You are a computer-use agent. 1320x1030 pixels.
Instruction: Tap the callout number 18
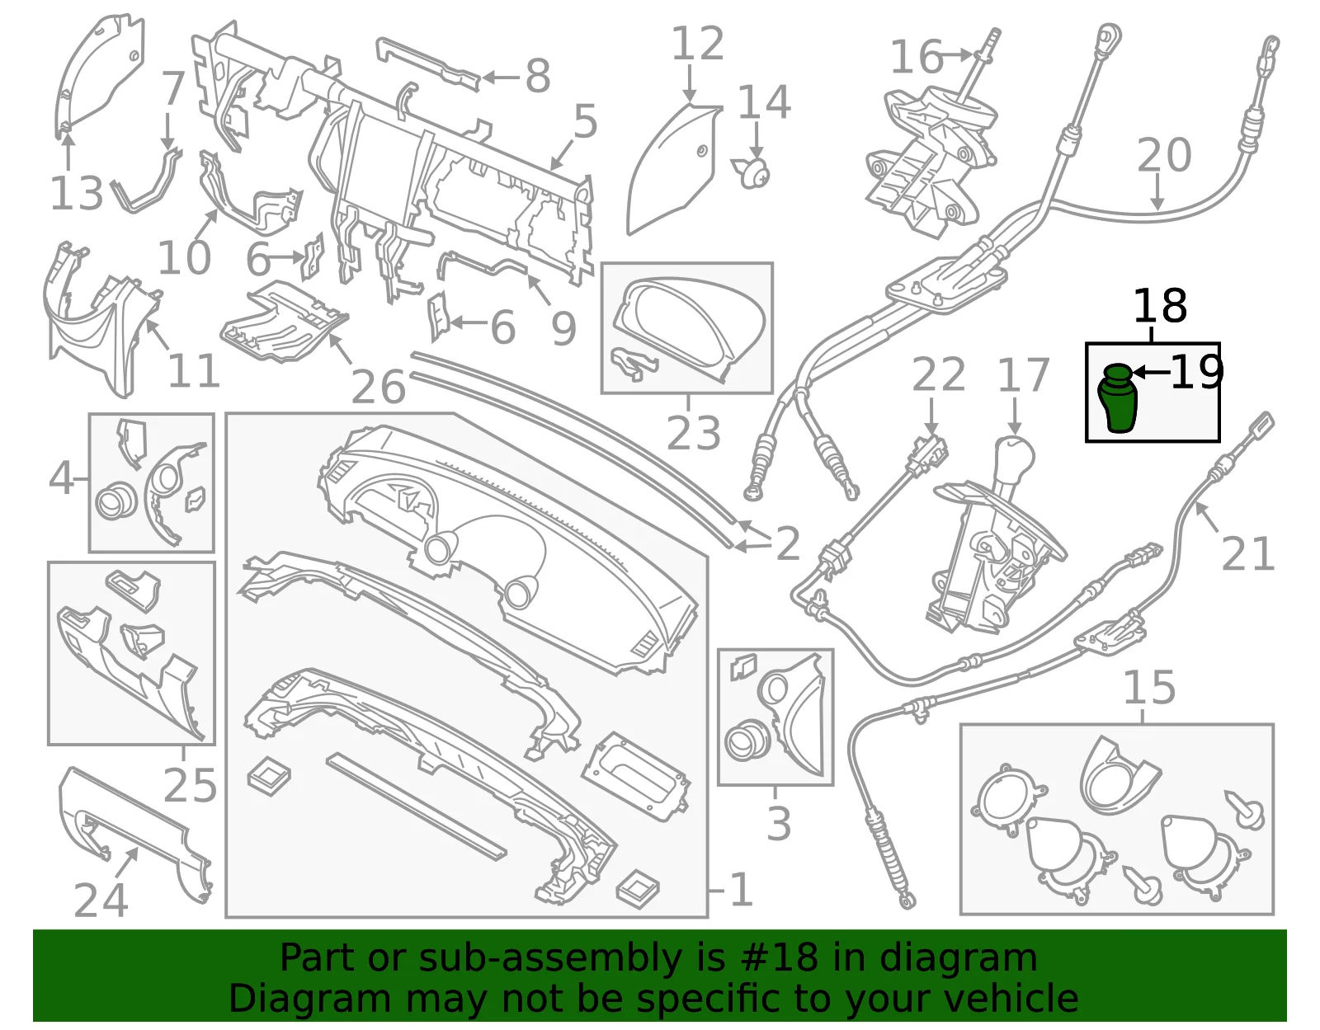(1160, 307)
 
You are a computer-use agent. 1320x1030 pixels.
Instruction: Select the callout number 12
(697, 44)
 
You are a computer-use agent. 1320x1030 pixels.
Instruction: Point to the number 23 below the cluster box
(693, 434)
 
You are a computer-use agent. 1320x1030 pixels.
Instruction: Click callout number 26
(378, 387)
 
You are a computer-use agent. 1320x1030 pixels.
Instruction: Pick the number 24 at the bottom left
(100, 901)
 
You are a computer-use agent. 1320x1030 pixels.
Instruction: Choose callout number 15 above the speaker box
(1149, 688)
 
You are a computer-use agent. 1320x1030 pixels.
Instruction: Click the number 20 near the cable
(1164, 155)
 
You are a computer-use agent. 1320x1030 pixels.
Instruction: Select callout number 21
(1247, 553)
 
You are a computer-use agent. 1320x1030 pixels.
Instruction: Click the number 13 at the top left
(76, 194)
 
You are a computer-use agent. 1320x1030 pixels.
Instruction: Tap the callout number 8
(538, 77)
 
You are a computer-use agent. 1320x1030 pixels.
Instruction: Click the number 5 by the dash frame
(585, 121)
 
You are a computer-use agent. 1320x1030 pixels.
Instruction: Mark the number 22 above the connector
(939, 374)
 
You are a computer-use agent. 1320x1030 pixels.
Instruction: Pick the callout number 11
(192, 370)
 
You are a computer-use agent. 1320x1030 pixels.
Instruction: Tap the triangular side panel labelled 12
(673, 169)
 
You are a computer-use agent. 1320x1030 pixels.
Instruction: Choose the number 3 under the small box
(778, 824)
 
